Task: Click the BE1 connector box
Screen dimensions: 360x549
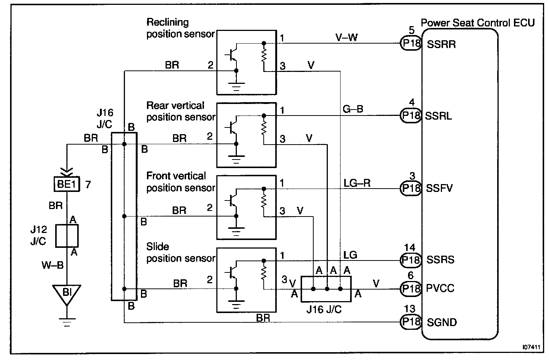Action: pyautogui.click(x=67, y=184)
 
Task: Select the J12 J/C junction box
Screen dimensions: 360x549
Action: pyautogui.click(x=67, y=236)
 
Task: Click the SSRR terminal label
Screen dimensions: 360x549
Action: pyautogui.click(x=441, y=44)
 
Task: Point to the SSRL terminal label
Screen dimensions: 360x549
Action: pyautogui.click(x=439, y=116)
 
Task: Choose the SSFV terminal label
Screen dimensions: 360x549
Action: pyautogui.click(x=439, y=188)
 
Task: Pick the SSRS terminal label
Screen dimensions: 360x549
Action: pyautogui.click(x=440, y=260)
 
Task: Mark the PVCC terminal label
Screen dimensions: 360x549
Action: pyautogui.click(x=440, y=288)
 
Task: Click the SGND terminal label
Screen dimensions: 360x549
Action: pyautogui.click(x=442, y=322)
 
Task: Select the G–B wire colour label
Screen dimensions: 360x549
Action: pyautogui.click(x=352, y=109)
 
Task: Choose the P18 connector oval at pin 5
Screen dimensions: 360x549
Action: pyautogui.click(x=411, y=44)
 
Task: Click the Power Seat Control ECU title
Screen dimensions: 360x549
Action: pyautogui.click(x=478, y=23)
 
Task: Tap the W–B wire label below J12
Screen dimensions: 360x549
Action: pyautogui.click(x=52, y=265)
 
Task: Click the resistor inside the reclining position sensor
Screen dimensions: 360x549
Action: pyautogui.click(x=264, y=56)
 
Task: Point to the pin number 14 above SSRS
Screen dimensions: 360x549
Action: pyautogui.click(x=410, y=247)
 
